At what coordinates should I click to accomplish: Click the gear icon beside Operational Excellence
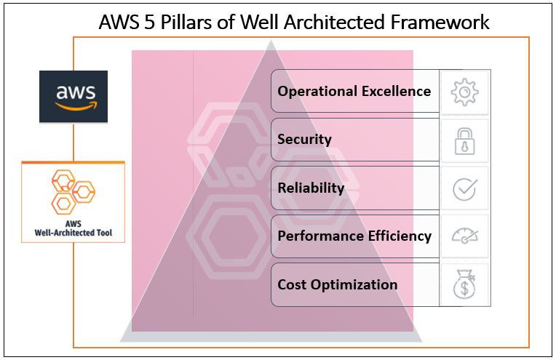click(x=465, y=92)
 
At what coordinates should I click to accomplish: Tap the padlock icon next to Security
click(x=465, y=140)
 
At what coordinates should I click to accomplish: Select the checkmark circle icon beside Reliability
click(x=465, y=188)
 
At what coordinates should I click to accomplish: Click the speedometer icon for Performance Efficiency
click(x=465, y=236)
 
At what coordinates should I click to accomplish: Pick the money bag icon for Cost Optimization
click(x=465, y=284)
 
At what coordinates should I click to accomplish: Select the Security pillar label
click(x=304, y=140)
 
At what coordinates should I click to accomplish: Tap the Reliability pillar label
click(x=311, y=188)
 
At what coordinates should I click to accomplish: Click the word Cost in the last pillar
click(x=292, y=284)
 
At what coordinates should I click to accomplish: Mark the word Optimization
click(x=354, y=284)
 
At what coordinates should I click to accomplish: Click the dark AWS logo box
click(x=74, y=96)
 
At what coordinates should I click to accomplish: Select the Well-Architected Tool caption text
click(x=73, y=230)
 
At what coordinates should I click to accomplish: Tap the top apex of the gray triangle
click(x=272, y=42)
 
